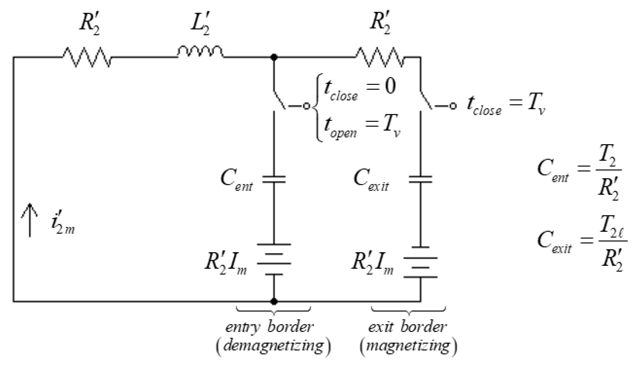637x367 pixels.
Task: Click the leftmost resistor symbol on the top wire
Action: tap(87, 57)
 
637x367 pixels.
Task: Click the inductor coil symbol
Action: tap(200, 52)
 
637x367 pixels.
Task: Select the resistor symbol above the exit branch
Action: tap(380, 57)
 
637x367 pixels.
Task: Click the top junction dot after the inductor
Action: tap(274, 57)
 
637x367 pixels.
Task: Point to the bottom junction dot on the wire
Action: tap(274, 301)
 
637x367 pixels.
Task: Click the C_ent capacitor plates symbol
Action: tap(274, 179)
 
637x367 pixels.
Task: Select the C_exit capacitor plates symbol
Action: tap(420, 179)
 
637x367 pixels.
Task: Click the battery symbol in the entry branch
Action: tap(274, 259)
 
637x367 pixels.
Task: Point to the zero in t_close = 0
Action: tap(390, 86)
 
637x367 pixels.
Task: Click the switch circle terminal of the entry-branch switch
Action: tap(306, 106)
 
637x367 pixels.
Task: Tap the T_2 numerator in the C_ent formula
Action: tap(607, 156)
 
